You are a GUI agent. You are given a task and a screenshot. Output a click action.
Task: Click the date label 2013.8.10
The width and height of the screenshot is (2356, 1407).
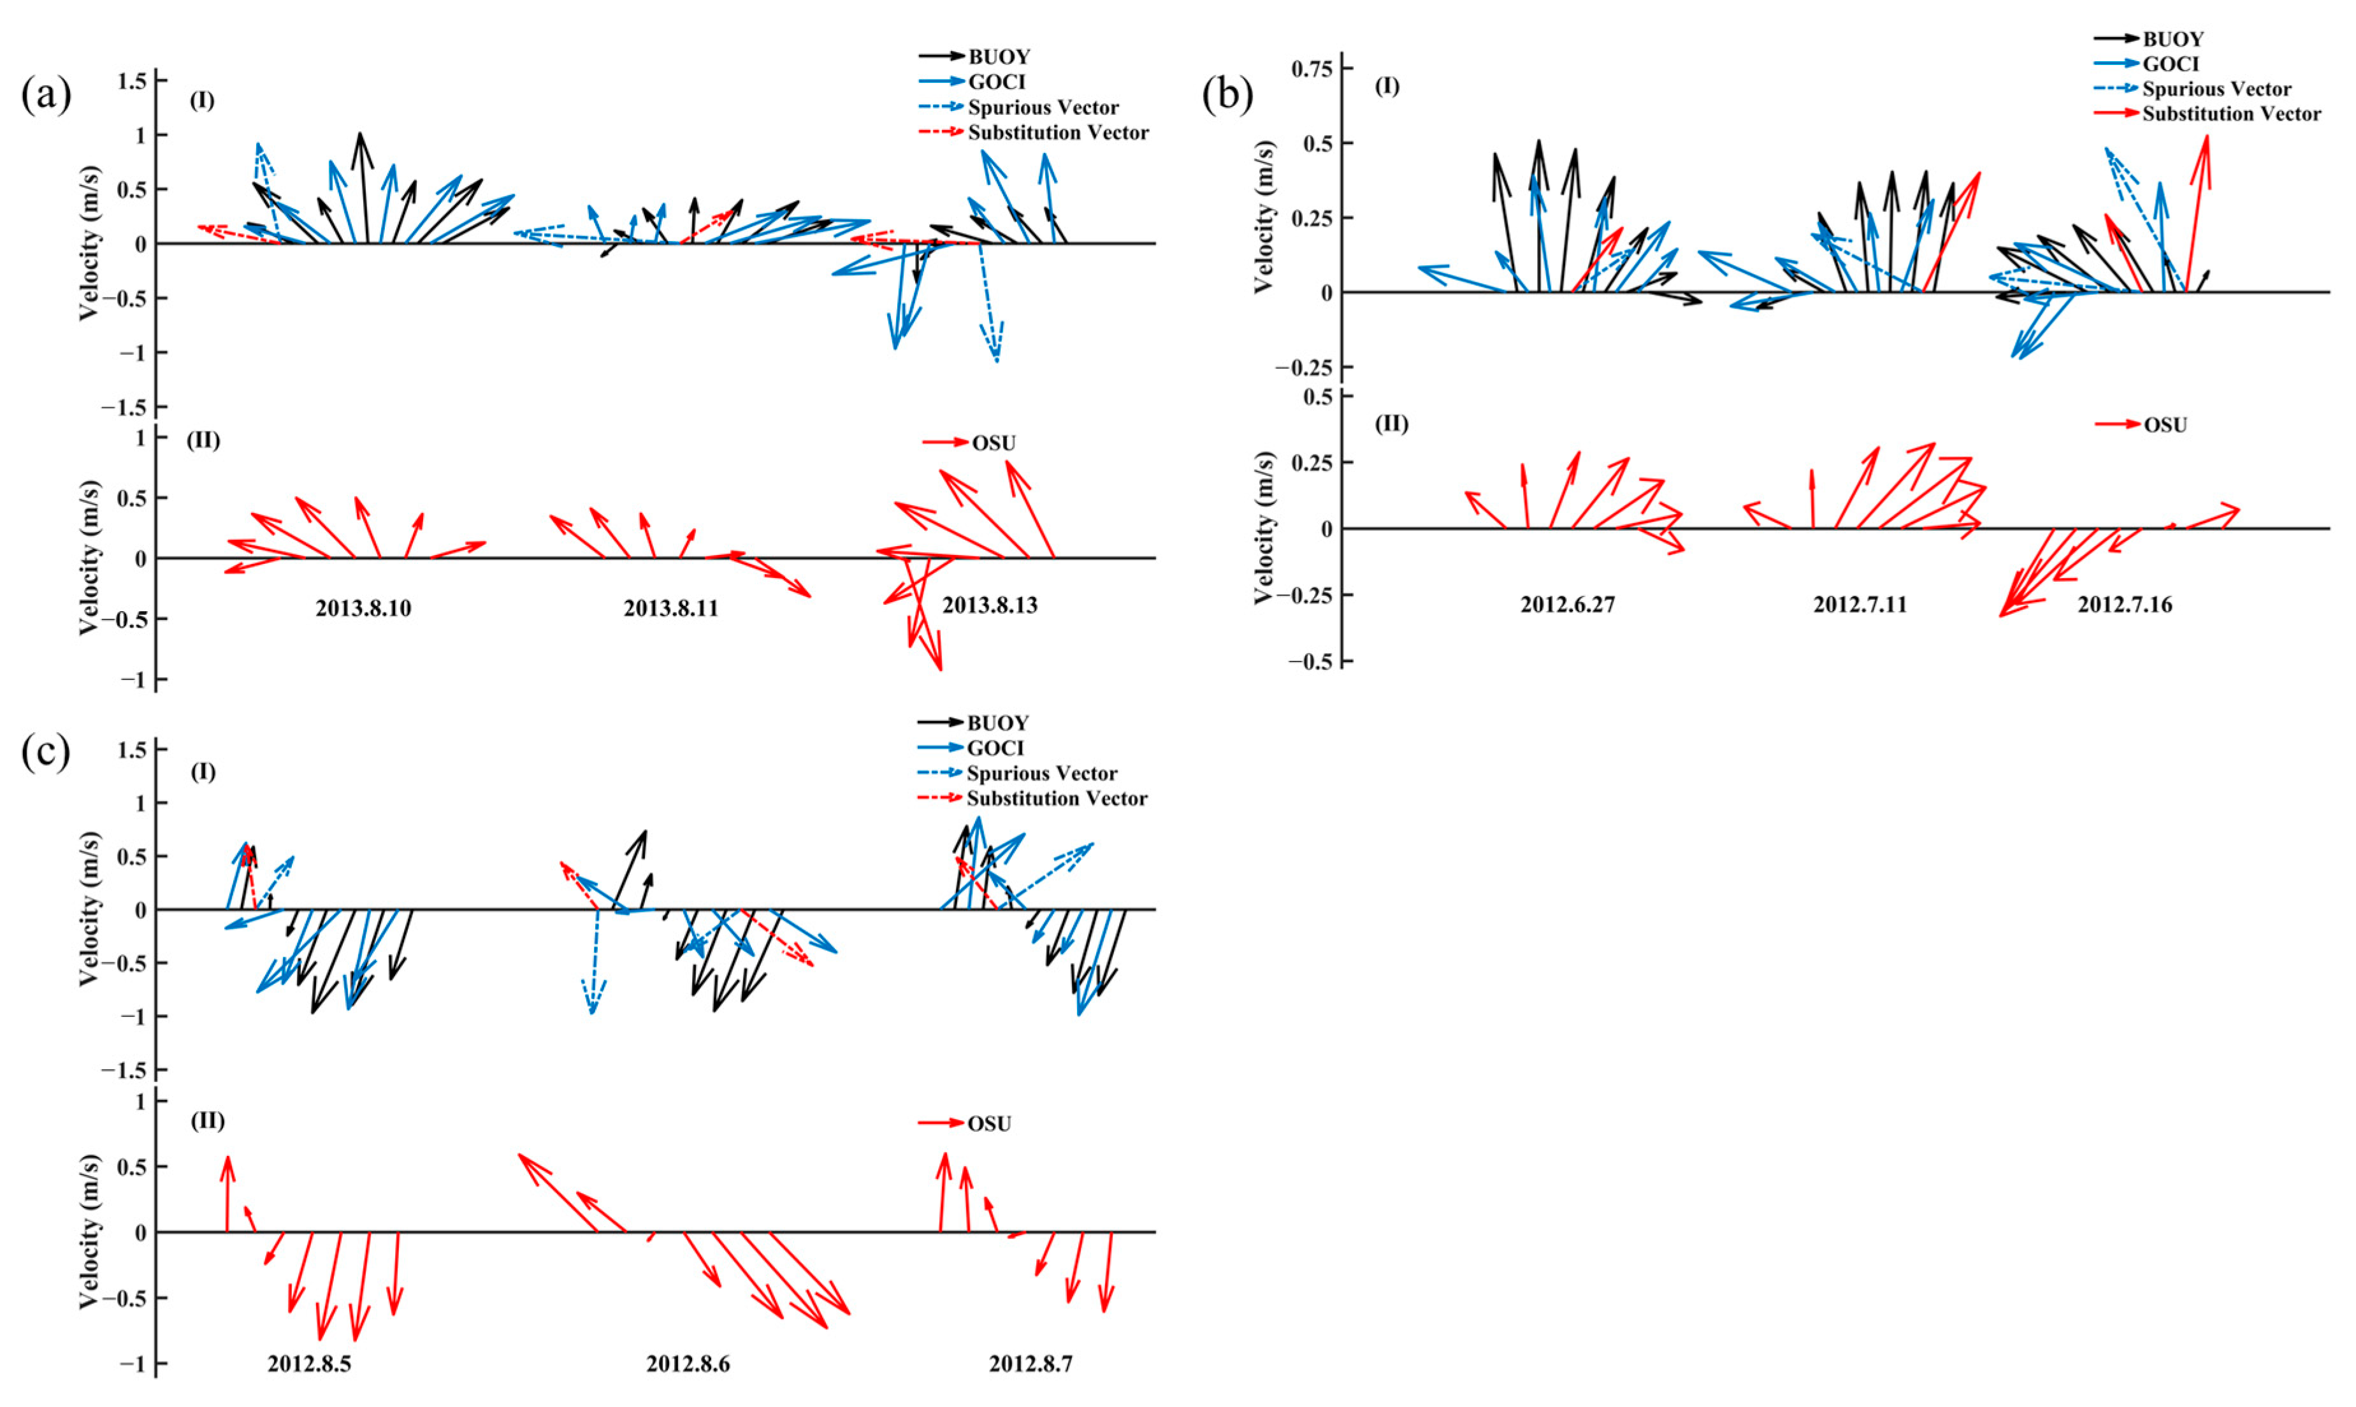pyautogui.click(x=363, y=609)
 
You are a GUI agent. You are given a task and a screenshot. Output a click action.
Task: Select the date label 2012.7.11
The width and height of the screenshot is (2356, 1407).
pyautogui.click(x=1859, y=605)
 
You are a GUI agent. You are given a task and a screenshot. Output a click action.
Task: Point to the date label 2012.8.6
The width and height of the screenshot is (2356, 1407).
pyautogui.click(x=688, y=1364)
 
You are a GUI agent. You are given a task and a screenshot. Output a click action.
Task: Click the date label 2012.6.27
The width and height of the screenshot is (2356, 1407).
pyautogui.click(x=1567, y=605)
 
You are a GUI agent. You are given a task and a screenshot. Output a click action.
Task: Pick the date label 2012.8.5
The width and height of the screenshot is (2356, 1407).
pyautogui.click(x=309, y=1364)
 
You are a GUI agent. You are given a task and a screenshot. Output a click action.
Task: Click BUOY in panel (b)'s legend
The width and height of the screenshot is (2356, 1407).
pyautogui.click(x=2173, y=39)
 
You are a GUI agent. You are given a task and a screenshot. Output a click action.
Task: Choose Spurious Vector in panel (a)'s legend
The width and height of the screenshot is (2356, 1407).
pyautogui.click(x=1043, y=107)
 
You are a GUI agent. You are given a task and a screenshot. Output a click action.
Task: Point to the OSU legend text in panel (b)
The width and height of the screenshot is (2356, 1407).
pyautogui.click(x=2165, y=425)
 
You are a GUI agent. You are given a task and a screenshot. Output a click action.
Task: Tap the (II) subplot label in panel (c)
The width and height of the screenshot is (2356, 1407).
pyautogui.click(x=208, y=1121)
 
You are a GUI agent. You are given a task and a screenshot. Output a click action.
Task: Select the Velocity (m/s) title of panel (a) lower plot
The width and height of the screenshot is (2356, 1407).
pyautogui.click(x=88, y=558)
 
